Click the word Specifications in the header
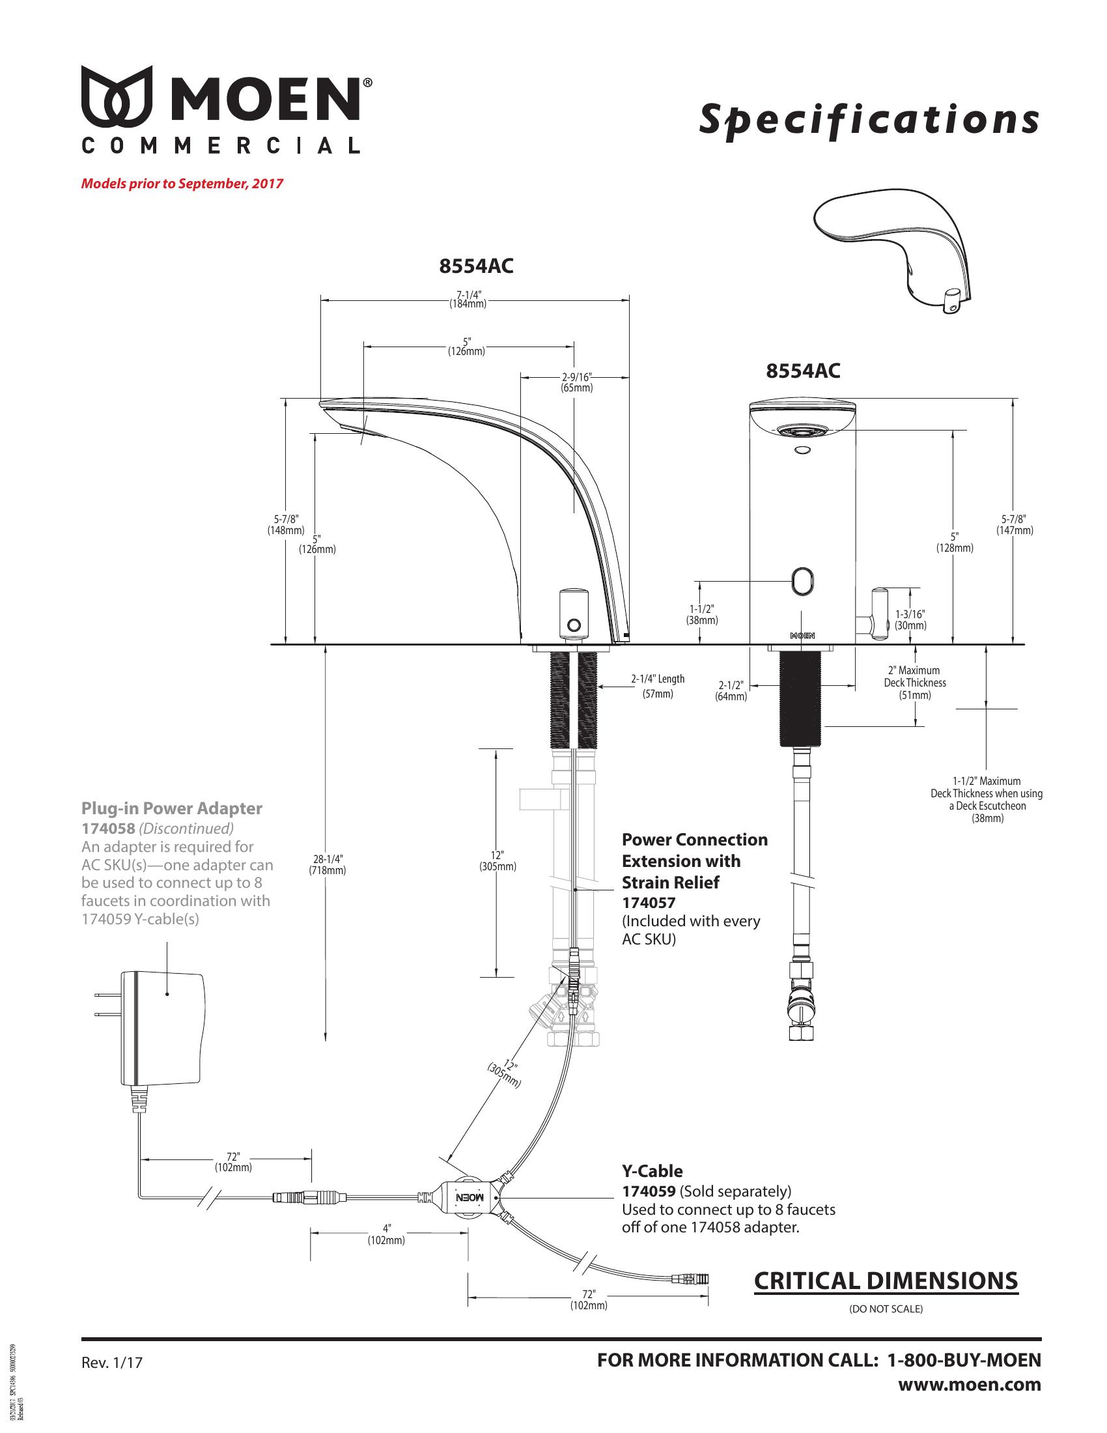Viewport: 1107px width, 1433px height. click(x=869, y=120)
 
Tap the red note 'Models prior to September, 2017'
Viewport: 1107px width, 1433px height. click(x=182, y=183)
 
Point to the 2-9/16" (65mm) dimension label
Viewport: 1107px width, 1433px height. click(x=576, y=382)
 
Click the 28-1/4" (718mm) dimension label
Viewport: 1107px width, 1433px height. click(x=327, y=864)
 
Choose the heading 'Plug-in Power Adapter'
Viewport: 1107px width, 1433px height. click(x=171, y=808)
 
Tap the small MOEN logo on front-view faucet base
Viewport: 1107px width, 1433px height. click(x=802, y=636)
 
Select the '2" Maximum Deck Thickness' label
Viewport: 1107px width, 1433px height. click(x=914, y=683)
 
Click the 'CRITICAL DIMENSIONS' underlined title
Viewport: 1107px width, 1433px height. click(x=886, y=1280)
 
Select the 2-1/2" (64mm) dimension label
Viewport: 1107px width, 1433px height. click(x=731, y=691)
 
